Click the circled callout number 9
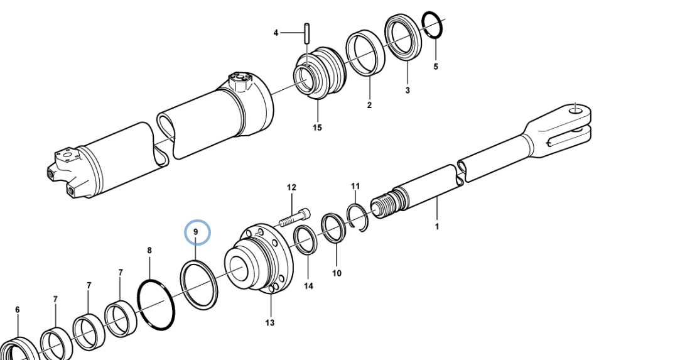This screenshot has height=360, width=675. (x=196, y=232)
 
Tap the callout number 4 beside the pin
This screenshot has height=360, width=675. (x=276, y=33)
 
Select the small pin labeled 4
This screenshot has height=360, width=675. (x=307, y=33)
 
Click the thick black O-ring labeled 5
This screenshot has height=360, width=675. (x=431, y=25)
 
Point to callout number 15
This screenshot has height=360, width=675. (x=317, y=128)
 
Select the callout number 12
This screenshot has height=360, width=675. (x=291, y=188)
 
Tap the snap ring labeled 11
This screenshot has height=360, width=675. (x=357, y=217)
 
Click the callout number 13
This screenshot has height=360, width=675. (x=270, y=322)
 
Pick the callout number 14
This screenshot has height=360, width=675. (x=309, y=286)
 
